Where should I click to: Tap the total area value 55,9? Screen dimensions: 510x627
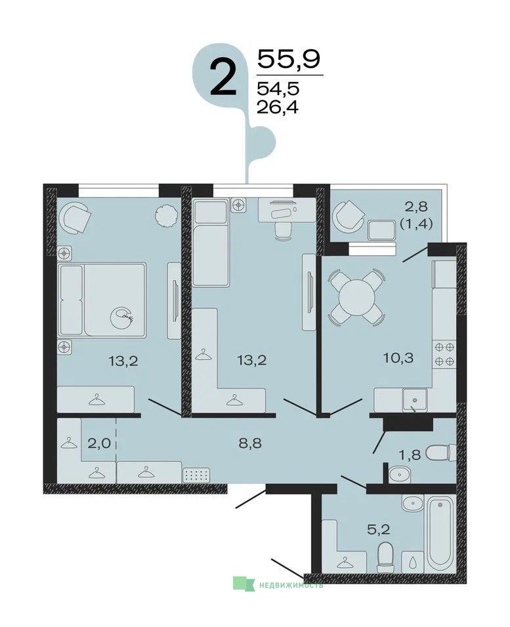point(289,59)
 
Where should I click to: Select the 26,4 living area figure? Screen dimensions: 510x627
point(278,107)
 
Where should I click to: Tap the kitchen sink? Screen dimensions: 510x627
point(415,400)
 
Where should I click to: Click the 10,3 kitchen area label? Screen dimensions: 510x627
point(398,357)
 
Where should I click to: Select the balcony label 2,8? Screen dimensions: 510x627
point(417,207)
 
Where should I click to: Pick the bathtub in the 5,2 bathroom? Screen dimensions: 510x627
point(440,533)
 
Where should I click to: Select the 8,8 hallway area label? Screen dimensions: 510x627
point(250,443)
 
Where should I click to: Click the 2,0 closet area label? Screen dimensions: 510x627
point(98,443)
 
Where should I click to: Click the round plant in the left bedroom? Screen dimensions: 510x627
point(166,216)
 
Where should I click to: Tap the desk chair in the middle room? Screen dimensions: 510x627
point(284,231)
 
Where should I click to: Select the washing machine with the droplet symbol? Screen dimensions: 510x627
point(412,562)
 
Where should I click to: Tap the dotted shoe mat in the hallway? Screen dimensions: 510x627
point(196,475)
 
